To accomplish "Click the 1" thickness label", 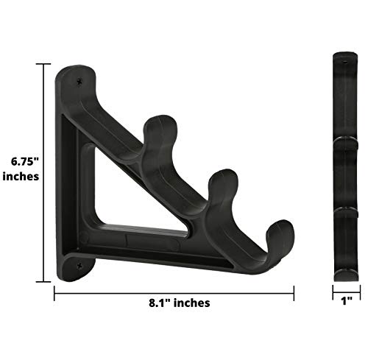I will (344, 301).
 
